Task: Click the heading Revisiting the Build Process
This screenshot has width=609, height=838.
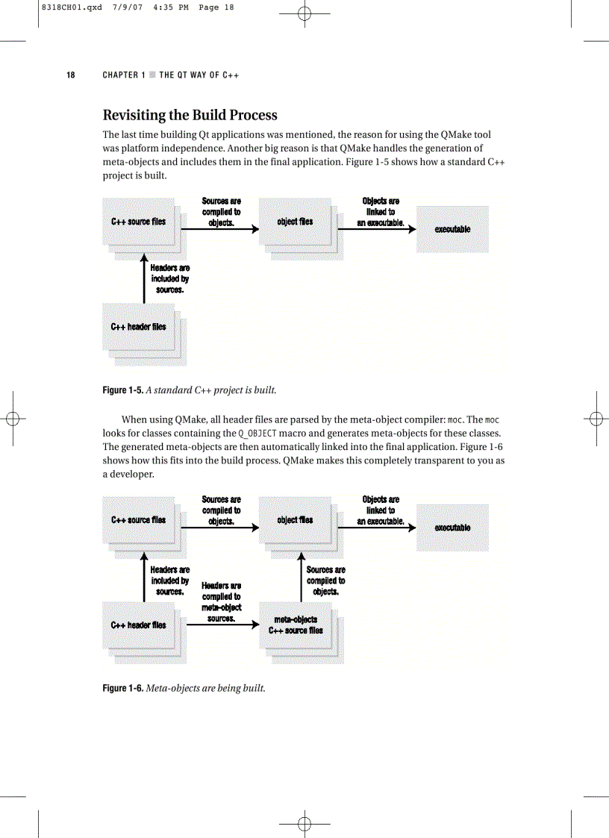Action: [x=190, y=115]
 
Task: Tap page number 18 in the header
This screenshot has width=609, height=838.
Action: [x=70, y=75]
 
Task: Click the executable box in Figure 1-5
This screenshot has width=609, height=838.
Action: [x=452, y=229]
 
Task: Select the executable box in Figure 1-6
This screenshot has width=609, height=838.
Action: [x=452, y=528]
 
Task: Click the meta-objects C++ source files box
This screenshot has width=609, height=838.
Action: [x=296, y=625]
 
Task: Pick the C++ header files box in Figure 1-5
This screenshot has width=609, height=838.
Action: [x=139, y=327]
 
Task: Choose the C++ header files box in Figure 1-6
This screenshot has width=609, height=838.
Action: [x=139, y=625]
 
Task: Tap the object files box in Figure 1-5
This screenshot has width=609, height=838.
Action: [x=295, y=222]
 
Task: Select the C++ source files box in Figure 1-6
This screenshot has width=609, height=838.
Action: [x=139, y=520]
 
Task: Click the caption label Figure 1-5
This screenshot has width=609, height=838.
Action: [x=122, y=390]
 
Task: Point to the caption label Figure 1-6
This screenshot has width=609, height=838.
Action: [x=122, y=688]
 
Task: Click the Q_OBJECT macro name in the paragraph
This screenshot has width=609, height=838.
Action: [x=257, y=434]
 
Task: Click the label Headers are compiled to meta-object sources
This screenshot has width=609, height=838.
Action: [x=222, y=602]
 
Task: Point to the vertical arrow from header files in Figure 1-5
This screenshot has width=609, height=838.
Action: [x=143, y=278]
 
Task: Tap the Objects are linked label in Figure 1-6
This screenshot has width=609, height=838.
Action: [x=381, y=510]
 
